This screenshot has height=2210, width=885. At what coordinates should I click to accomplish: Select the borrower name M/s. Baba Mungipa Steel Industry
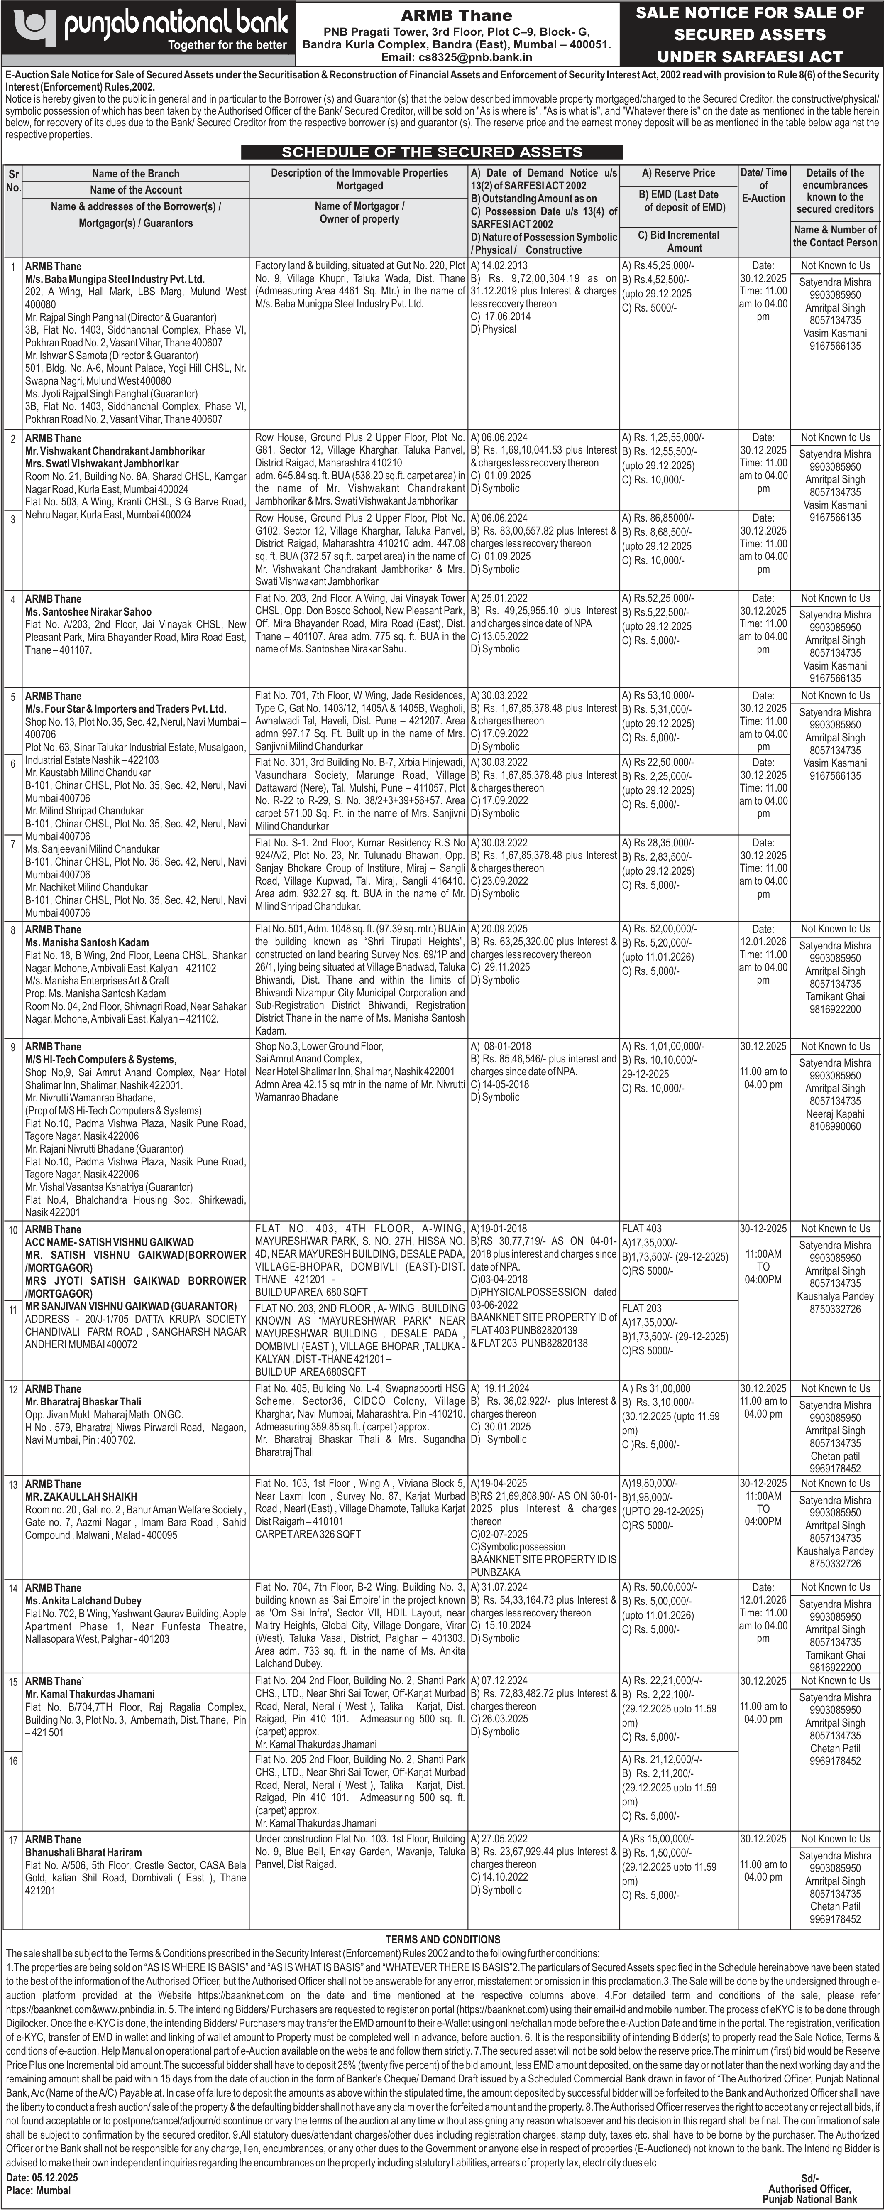115,279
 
